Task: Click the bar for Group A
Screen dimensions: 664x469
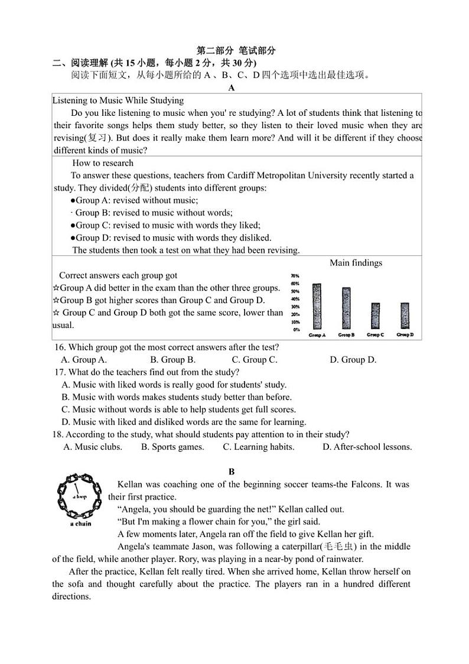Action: (317, 306)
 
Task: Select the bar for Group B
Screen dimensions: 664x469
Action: (346, 308)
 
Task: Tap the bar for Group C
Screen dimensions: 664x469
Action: (375, 316)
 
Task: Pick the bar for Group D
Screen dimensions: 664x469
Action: (404, 316)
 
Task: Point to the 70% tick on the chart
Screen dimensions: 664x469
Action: (295, 276)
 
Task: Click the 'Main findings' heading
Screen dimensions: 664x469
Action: (356, 263)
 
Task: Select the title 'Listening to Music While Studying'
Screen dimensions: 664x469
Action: (118, 100)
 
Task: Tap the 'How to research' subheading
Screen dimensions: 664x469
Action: (103, 163)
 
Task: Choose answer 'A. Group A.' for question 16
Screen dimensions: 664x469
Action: (84, 359)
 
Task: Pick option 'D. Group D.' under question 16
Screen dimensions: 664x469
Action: (353, 359)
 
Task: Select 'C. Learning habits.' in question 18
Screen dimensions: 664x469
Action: (258, 447)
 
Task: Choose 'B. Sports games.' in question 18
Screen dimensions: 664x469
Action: (172, 447)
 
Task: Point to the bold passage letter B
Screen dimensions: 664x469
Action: (232, 471)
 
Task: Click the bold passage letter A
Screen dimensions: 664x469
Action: (232, 88)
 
